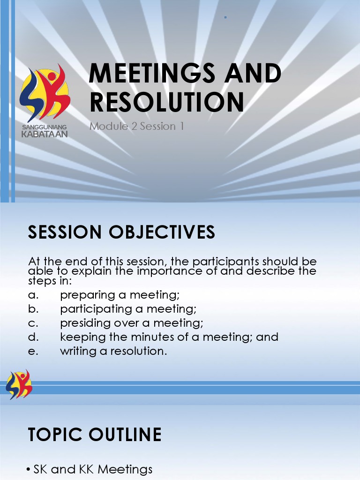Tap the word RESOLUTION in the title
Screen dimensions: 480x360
point(167,102)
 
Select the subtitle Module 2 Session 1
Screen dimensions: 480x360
point(137,126)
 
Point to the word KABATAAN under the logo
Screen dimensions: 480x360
point(45,134)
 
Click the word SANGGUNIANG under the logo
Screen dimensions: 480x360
point(45,127)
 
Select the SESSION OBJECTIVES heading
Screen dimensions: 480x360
point(122,232)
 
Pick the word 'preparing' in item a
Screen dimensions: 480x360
point(88,295)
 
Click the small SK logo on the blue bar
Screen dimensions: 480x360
point(19,384)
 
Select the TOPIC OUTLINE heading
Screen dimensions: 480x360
point(95,435)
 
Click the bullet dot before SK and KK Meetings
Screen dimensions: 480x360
point(29,469)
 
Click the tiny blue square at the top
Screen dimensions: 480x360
point(225,17)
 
